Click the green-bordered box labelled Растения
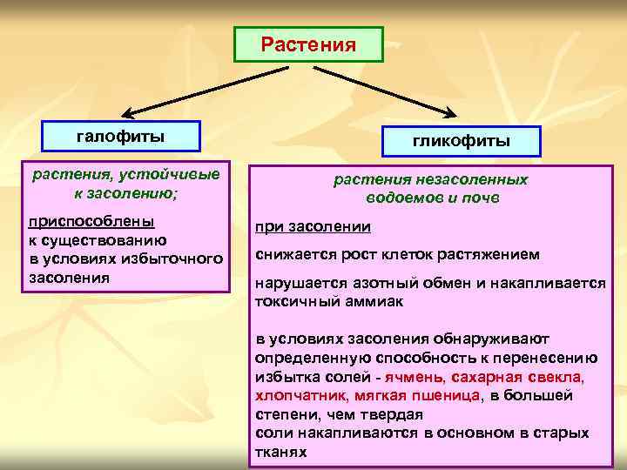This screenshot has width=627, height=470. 309,44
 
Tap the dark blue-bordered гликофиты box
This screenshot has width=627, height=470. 461,141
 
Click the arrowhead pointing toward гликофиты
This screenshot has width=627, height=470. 452,114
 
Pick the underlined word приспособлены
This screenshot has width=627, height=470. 91,220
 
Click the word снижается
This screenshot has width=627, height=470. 293,255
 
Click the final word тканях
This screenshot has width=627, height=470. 281,452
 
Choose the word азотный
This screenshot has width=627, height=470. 379,284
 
